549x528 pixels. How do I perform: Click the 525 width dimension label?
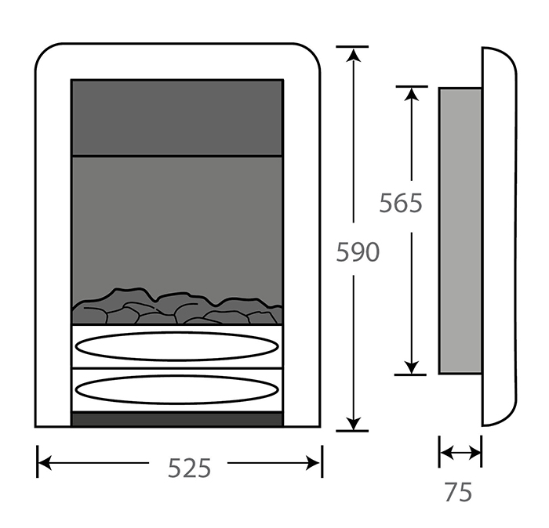coord(190,468)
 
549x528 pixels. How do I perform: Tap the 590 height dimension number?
coord(357,251)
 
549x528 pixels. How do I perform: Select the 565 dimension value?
coord(401,203)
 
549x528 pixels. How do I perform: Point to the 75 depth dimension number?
coord(458,492)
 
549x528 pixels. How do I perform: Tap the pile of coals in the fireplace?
coord(176,308)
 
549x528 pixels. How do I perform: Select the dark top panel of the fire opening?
coord(176,118)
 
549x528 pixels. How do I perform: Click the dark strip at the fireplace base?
coord(176,419)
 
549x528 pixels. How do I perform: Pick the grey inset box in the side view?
coord(460,230)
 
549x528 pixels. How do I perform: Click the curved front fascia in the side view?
coord(499,235)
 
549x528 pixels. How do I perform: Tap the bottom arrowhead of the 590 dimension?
coord(355,422)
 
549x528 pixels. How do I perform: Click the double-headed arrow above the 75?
coord(460,452)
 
